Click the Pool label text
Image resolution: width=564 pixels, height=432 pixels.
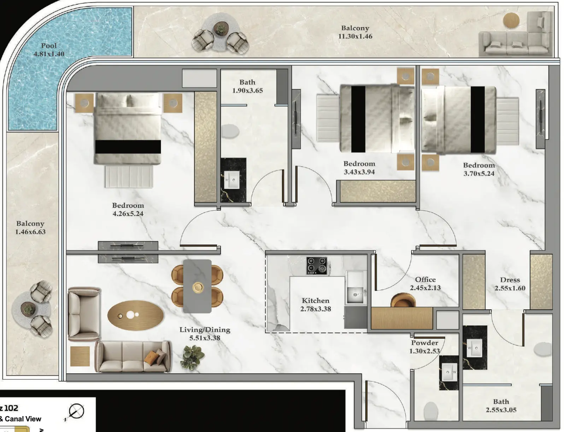49,46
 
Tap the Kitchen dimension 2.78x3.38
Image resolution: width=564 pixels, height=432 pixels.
316,309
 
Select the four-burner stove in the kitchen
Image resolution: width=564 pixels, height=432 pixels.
316,265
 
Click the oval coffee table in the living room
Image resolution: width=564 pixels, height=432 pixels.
135,315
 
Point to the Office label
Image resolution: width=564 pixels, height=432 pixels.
425,280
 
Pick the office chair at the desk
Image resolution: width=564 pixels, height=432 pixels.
403,300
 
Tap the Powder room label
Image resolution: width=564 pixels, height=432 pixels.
425,343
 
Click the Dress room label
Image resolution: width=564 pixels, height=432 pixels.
510,280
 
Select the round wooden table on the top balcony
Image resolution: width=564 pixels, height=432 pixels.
511,20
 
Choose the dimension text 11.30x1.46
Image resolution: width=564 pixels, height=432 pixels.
355,36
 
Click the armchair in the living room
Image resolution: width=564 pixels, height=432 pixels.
84,314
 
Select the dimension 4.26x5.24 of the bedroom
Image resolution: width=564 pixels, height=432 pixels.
128,214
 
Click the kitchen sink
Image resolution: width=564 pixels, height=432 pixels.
355,295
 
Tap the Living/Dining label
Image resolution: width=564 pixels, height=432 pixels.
205,330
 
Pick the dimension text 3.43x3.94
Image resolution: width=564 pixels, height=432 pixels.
359,172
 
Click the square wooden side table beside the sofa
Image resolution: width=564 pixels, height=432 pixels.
80,356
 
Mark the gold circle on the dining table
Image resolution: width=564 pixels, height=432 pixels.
198,287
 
